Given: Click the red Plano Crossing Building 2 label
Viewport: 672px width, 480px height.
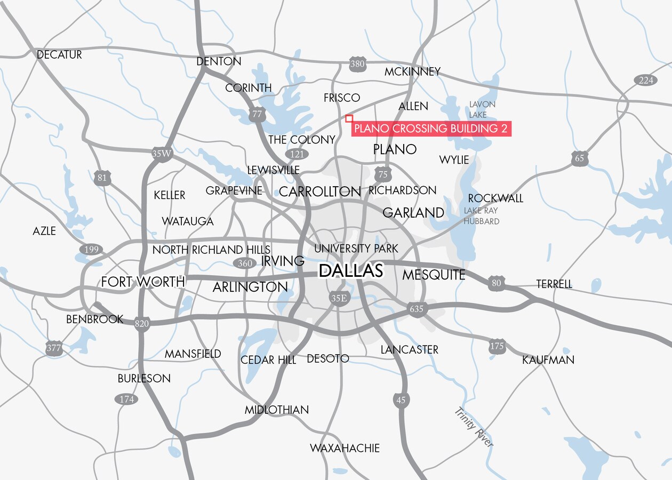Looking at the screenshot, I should [x=431, y=129].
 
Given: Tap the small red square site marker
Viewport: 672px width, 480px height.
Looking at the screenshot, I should [x=349, y=118].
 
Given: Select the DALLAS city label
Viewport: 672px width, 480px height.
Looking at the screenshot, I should [x=351, y=271].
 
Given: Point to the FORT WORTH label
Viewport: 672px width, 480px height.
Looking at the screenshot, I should [x=143, y=282].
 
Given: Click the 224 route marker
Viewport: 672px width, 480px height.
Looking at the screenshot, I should [x=645, y=81].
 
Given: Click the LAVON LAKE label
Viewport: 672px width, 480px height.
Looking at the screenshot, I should [x=482, y=109].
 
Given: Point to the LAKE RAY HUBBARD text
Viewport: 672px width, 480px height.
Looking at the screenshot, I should [x=481, y=216].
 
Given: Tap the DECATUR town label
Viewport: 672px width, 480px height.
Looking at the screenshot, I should [x=59, y=55].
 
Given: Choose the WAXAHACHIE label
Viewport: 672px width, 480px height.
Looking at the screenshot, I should [x=345, y=448].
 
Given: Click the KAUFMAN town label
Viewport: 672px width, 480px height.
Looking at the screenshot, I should [x=548, y=360].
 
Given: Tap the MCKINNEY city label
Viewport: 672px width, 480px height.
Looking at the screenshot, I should [x=413, y=71].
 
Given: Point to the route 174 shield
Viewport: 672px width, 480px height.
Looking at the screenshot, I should [x=126, y=399].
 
